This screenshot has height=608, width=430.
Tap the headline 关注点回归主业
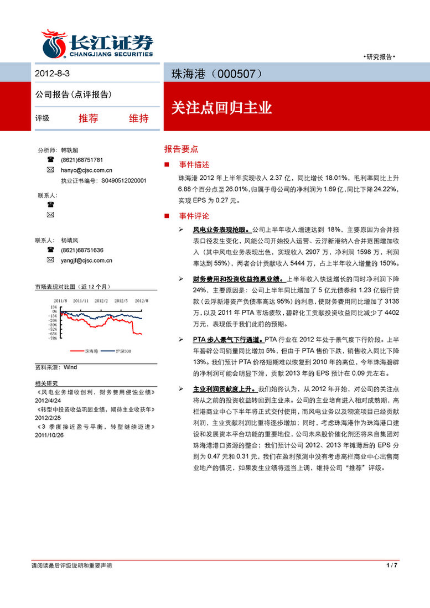pyautogui.click(x=221, y=108)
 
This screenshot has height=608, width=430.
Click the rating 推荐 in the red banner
pyautogui.click(x=89, y=118)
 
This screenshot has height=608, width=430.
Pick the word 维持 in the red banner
pyautogui.click(x=138, y=118)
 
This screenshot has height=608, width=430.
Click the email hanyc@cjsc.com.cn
pyautogui.click(x=86, y=170)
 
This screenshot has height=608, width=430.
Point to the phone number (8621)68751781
pyautogui.click(x=82, y=160)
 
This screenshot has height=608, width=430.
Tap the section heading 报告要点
pyautogui.click(x=181, y=149)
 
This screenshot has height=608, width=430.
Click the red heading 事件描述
pyautogui.click(x=194, y=165)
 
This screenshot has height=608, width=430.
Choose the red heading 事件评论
pyautogui.click(x=194, y=216)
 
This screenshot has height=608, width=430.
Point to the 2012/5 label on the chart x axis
pyautogui.click(x=121, y=300)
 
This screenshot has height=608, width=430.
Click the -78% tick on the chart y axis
pyautogui.click(x=53, y=338)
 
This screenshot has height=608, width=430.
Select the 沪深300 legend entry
pyautogui.click(x=123, y=351)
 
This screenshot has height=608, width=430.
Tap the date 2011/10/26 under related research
pyautogui.click(x=49, y=435)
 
